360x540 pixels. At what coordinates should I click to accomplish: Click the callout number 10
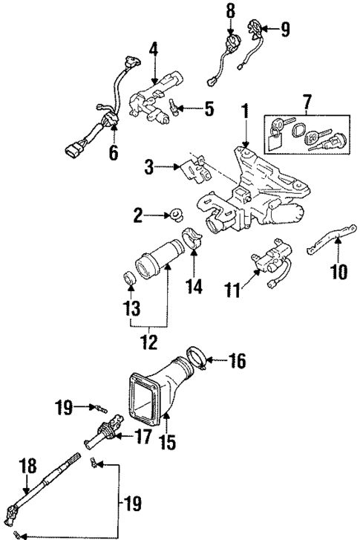(x=338, y=272)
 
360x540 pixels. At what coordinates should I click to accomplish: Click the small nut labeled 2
(x=177, y=216)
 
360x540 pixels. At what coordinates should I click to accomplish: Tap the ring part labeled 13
(x=129, y=279)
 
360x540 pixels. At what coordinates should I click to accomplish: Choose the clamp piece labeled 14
(x=195, y=240)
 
